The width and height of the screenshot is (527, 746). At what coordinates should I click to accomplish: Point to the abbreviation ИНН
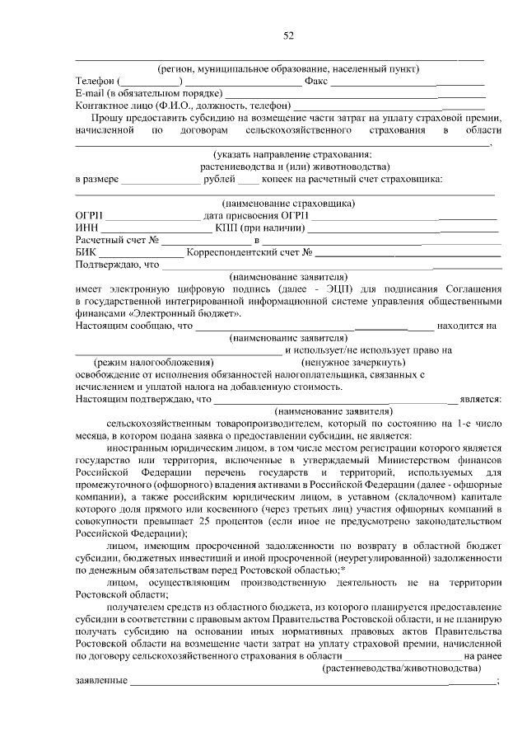pos(86,228)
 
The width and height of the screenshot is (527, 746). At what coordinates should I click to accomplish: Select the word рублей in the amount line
pos(217,179)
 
